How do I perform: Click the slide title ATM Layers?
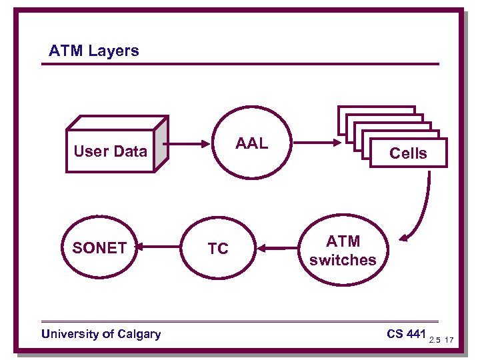pos(94,51)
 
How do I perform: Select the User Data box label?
pos(110,151)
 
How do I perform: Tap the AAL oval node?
pos(251,143)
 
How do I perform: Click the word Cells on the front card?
pos(408,153)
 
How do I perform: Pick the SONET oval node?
pos(99,248)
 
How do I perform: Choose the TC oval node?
pos(217,249)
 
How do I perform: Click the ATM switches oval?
pos(343,250)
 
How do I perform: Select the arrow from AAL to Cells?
pos(317,143)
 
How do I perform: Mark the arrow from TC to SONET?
pos(159,248)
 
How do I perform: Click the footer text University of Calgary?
pos(101,334)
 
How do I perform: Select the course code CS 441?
pos(406,333)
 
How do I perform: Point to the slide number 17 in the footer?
pos(449,341)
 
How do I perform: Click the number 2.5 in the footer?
pos(435,341)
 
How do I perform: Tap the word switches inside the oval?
pos(343,260)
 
